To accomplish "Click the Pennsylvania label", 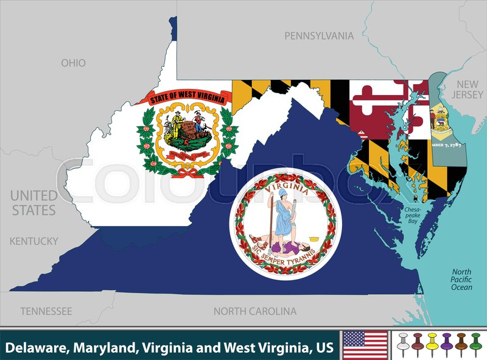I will point(319,36).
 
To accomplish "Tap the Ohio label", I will point(73,63).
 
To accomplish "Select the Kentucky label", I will point(34,241).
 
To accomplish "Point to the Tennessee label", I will point(46,311).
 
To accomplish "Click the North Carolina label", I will point(255,311).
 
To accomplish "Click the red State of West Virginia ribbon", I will point(183,96).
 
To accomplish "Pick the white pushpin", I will point(403,344).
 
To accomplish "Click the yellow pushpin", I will point(432,344).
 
